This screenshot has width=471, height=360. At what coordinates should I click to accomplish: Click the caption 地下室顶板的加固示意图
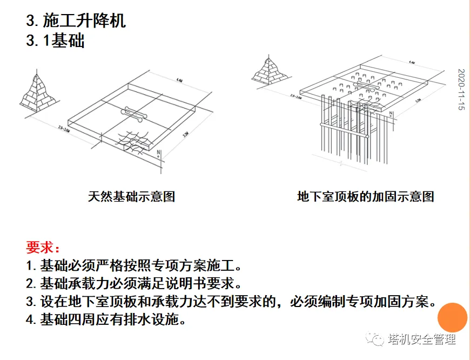pyautogui.click(x=366, y=196)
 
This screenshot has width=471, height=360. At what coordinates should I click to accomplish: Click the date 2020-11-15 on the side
pyautogui.click(x=461, y=90)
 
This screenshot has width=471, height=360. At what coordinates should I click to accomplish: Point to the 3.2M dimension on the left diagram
pyautogui.click(x=185, y=134)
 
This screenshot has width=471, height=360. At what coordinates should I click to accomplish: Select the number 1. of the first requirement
pyautogui.click(x=31, y=266)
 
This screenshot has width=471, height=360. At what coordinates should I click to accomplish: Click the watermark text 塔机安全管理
pyautogui.click(x=422, y=339)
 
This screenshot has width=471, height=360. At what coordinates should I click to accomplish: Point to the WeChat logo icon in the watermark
pyautogui.click(x=375, y=339)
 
